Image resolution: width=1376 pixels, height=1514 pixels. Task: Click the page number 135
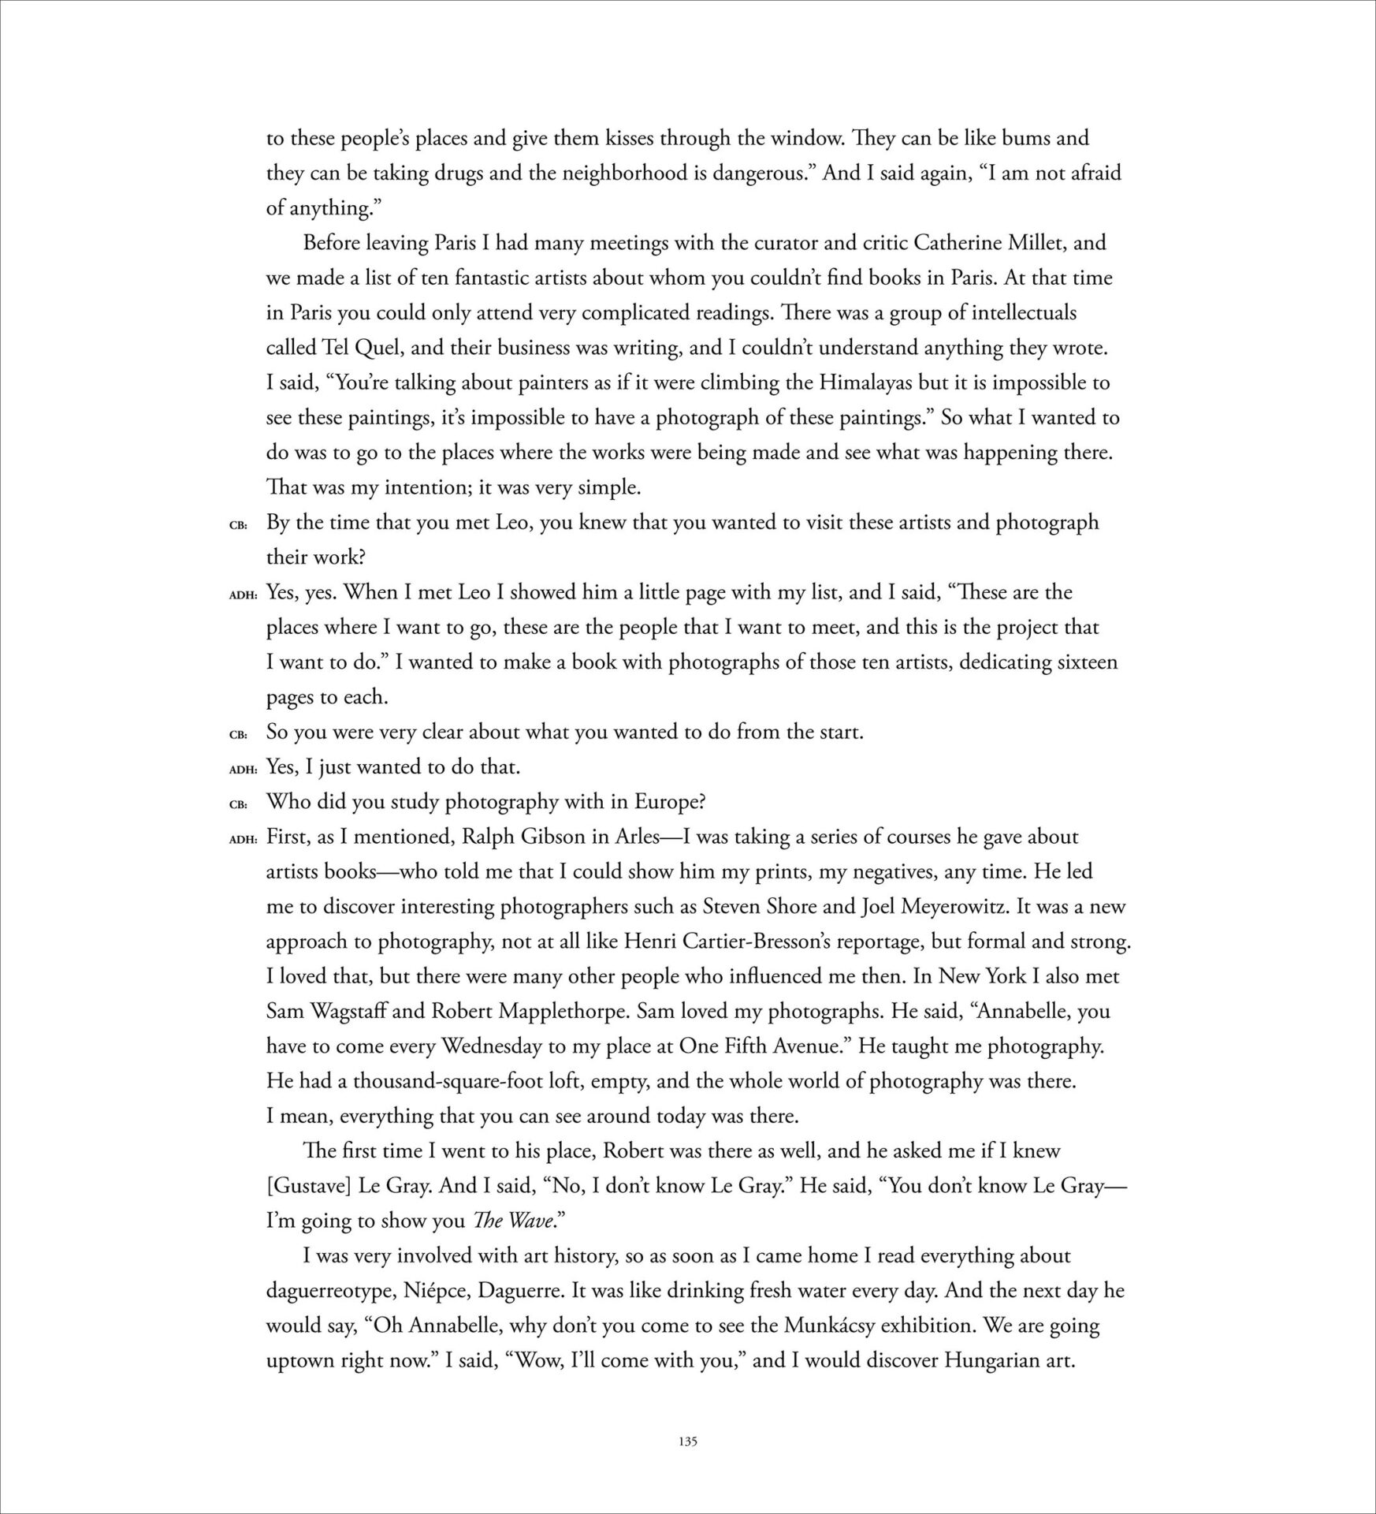(x=687, y=1441)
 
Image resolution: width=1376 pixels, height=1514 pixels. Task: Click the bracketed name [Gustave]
(x=309, y=1186)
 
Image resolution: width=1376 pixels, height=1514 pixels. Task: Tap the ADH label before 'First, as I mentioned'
(x=243, y=839)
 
